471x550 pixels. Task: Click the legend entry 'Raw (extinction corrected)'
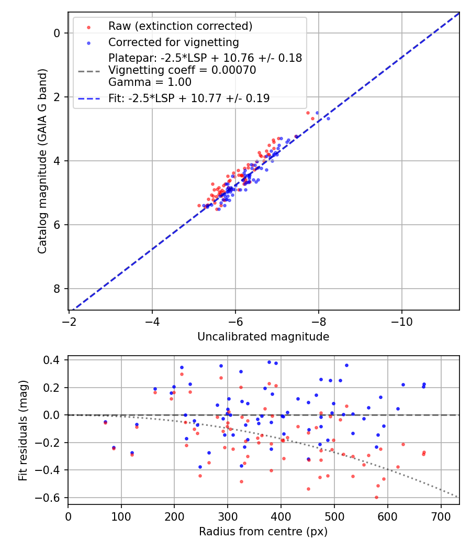click(x=180, y=26)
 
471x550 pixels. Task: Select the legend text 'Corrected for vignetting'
click(x=173, y=42)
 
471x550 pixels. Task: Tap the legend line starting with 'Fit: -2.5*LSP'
click(x=189, y=98)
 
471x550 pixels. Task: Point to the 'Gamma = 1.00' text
click(x=150, y=82)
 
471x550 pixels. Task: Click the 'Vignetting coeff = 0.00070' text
click(x=182, y=70)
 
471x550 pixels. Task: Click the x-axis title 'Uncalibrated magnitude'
click(x=263, y=337)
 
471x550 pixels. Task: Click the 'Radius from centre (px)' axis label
click(x=263, y=532)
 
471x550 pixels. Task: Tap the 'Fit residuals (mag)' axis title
click(x=23, y=430)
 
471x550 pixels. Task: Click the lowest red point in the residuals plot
click(x=376, y=497)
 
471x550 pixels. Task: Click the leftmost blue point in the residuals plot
click(x=105, y=422)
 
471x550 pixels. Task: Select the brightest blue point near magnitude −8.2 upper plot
click(x=328, y=118)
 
